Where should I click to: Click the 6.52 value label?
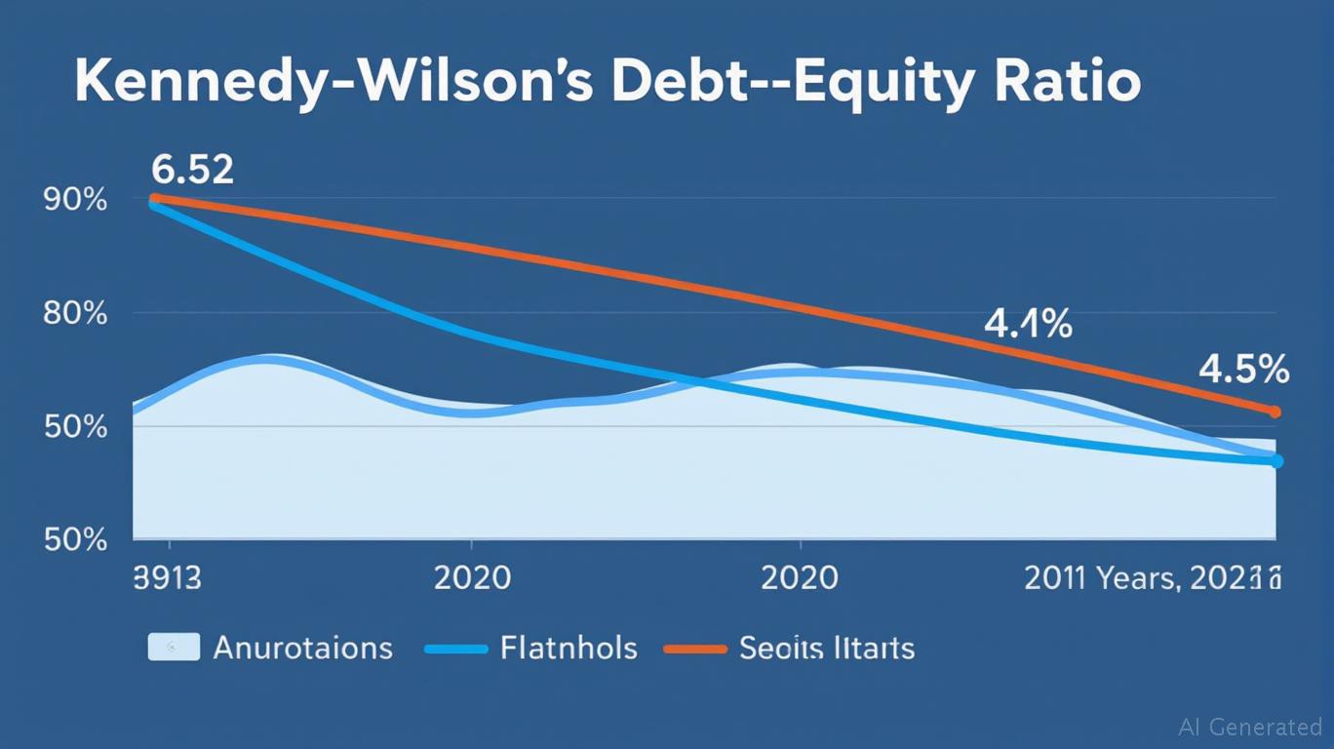coord(193,170)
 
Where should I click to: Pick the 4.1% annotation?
coord(1028,324)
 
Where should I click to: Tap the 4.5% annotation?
coord(1243,371)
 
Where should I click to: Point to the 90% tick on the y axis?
coord(75,200)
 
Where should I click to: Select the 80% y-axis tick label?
coord(75,314)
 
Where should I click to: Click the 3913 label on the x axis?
coord(167,577)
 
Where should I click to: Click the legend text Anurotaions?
coord(302,648)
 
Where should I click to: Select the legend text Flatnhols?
coord(569,648)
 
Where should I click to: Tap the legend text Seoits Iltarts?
coord(827,648)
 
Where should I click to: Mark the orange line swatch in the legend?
coord(695,649)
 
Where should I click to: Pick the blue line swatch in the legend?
coord(455,649)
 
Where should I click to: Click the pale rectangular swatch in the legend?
coord(174,647)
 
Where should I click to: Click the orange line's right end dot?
coord(1275,413)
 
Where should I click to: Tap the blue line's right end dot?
coord(1276,461)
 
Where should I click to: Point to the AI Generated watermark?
coord(1250,727)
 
